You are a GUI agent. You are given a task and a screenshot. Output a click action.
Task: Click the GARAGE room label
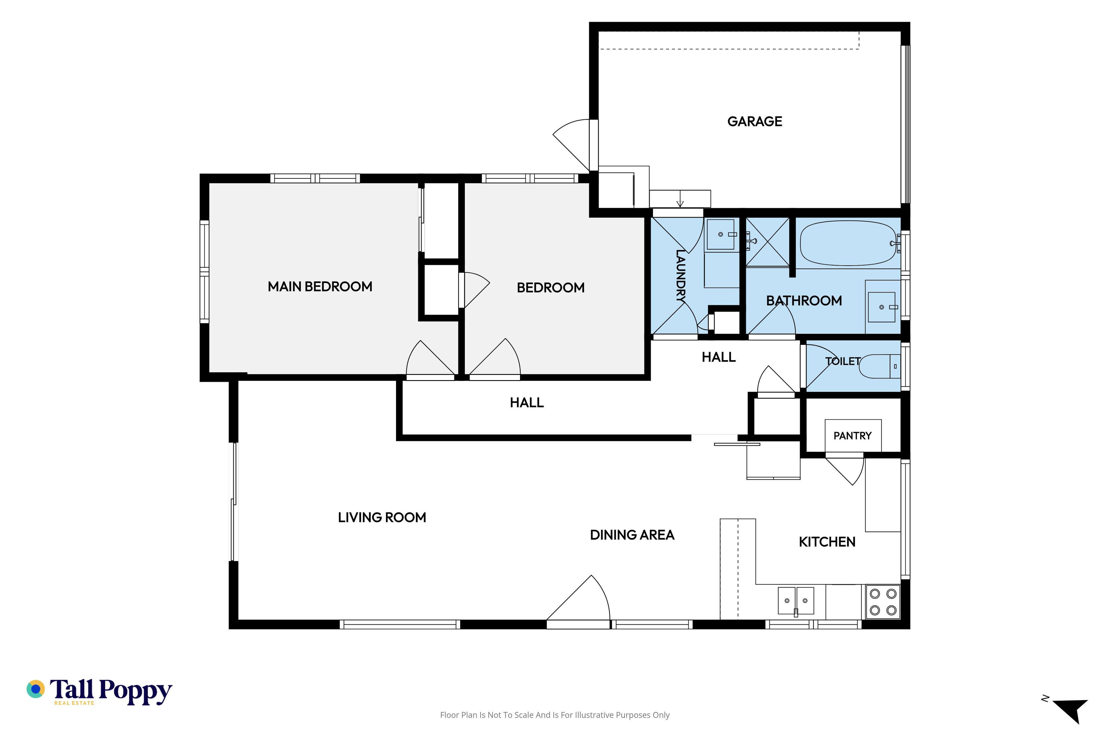[x=755, y=121]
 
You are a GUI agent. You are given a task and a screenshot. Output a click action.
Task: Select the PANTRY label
[x=852, y=436]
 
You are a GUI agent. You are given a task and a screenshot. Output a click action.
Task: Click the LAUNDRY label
[x=680, y=276]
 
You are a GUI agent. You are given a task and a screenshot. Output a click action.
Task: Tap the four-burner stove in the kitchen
[x=883, y=602]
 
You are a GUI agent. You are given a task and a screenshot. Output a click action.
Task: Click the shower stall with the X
[x=767, y=242]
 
